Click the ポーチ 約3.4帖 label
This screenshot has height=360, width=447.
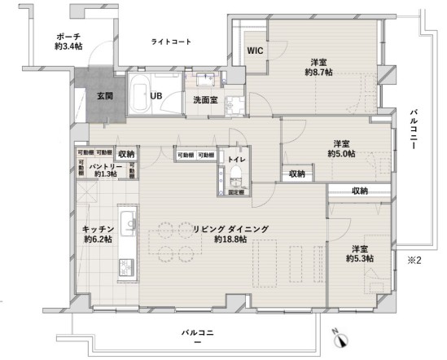pos(68,42)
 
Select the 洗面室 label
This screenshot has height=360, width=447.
pos(204,100)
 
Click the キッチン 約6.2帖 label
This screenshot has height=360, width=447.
pos(97,234)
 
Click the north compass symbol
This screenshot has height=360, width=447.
pos(341,340)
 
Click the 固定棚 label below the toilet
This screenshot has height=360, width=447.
pos(236,192)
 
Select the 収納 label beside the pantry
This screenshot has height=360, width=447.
pos(126,154)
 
